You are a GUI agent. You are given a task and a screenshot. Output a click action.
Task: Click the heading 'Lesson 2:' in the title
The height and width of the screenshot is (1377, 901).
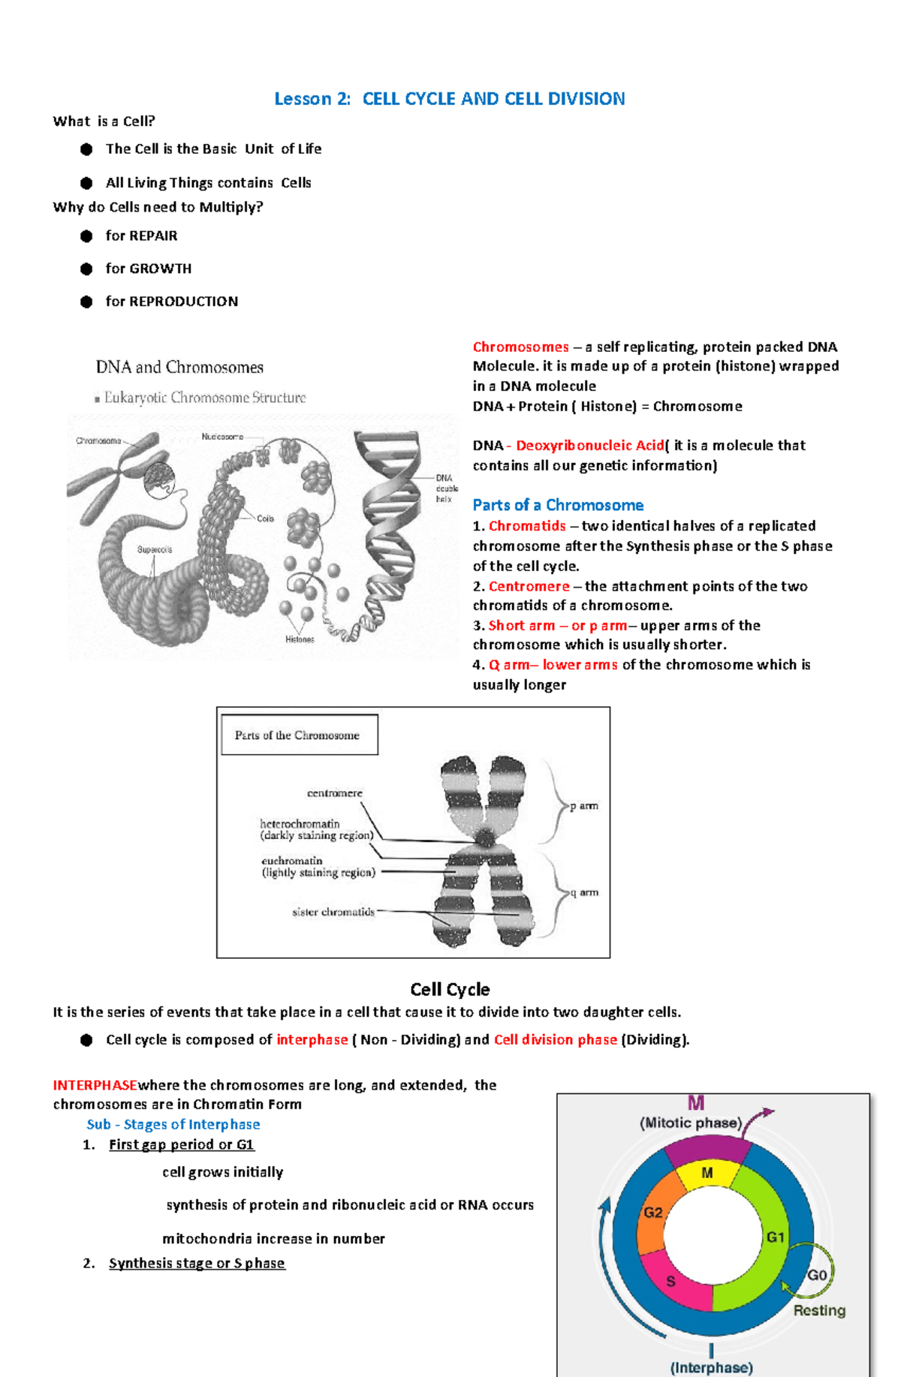(312, 99)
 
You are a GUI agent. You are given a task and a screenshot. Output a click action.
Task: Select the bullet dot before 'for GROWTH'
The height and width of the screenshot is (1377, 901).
(86, 269)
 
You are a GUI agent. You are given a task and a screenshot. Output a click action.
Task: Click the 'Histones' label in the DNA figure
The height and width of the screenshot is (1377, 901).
(300, 639)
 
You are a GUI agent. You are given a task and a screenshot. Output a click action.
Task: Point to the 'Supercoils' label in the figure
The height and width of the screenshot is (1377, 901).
(154, 549)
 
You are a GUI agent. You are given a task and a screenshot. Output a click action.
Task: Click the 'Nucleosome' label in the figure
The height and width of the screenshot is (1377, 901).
(222, 437)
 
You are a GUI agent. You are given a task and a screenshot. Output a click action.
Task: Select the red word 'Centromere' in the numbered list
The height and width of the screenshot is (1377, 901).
(529, 586)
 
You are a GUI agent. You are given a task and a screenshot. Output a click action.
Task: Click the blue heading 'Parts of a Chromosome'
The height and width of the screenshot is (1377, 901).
(558, 505)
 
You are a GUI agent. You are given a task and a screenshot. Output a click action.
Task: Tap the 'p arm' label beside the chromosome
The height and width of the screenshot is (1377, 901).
(583, 806)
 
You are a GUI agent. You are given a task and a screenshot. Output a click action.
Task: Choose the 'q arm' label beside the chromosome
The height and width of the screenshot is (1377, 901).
(584, 892)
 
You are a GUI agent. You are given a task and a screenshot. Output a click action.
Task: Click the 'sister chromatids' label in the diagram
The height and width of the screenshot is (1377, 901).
(333, 912)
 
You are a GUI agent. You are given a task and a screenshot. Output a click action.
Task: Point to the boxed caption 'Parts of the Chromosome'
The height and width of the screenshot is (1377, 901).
(297, 735)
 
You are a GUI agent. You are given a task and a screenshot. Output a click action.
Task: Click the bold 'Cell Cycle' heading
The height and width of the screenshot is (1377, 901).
(450, 990)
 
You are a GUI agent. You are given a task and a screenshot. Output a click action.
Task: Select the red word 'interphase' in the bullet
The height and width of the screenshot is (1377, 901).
(312, 1040)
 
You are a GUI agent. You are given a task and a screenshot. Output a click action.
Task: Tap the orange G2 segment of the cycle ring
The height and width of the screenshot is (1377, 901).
(652, 1213)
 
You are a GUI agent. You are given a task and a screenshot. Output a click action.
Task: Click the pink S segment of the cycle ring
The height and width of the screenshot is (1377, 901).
(671, 1282)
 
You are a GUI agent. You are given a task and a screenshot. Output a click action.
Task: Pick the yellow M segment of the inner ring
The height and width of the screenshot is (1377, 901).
(707, 1174)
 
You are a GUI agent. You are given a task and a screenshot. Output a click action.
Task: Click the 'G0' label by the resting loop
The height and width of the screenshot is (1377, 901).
(816, 1275)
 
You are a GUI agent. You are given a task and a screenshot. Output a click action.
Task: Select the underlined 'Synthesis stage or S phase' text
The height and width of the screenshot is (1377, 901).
(197, 1264)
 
